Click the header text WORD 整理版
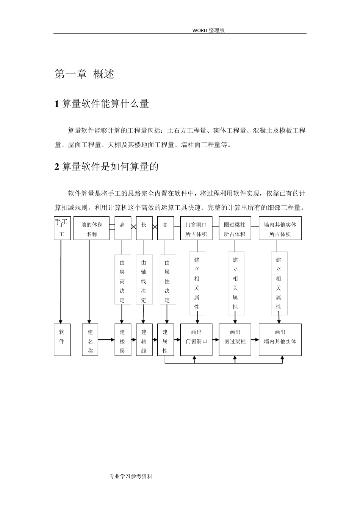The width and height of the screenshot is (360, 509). (208, 30)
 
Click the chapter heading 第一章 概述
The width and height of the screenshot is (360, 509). (85, 74)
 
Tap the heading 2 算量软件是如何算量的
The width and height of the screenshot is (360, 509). (106, 166)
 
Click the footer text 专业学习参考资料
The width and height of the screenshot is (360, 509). (130, 476)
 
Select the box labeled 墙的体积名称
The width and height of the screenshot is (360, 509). (89, 228)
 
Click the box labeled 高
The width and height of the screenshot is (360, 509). (122, 228)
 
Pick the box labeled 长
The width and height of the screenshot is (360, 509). (144, 228)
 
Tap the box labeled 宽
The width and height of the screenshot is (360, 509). (165, 228)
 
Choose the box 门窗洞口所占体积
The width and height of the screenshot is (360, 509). (196, 228)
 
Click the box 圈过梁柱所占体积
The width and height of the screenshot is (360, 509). (235, 228)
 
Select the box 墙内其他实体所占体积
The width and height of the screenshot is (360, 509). (280, 228)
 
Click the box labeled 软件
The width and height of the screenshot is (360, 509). (62, 340)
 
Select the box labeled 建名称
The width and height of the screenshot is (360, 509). (90, 340)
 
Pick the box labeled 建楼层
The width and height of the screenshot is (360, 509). (122, 340)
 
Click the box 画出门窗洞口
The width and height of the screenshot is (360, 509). (196, 340)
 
